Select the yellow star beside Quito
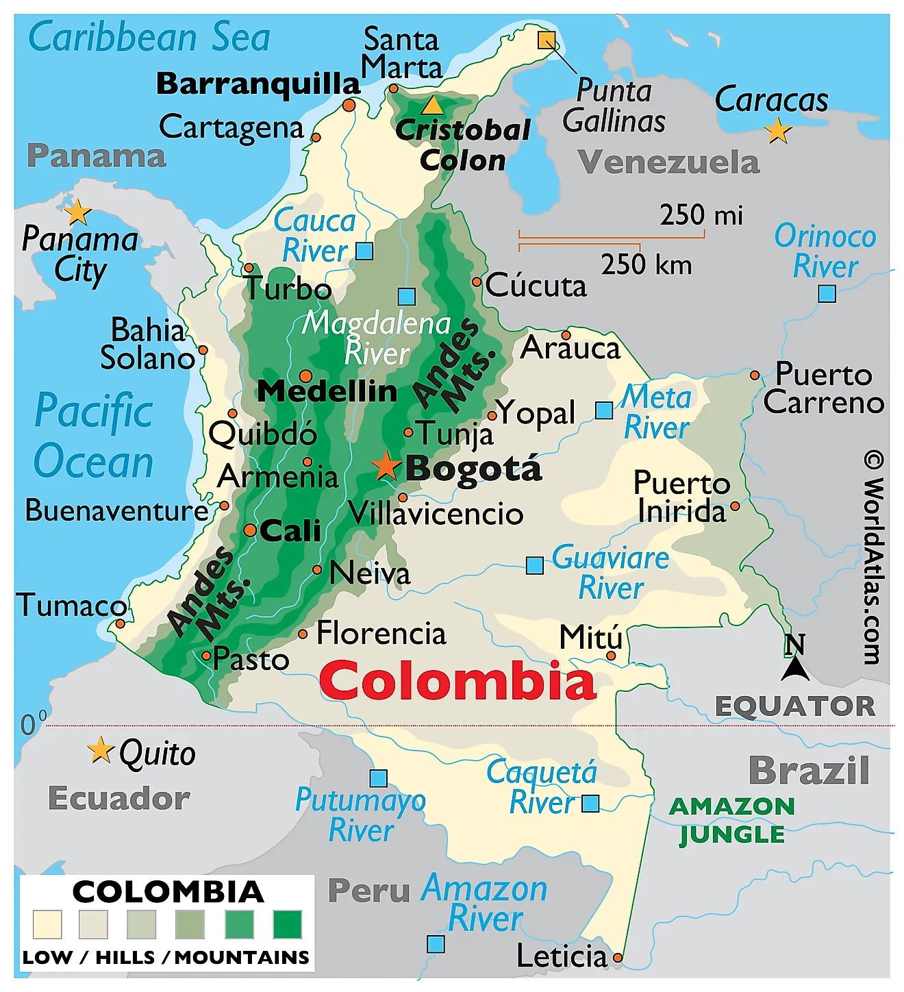pyautogui.click(x=101, y=750)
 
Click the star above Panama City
pyautogui.click(x=78, y=212)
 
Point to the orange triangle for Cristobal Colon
pyautogui.click(x=432, y=106)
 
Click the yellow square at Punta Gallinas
pyautogui.click(x=546, y=40)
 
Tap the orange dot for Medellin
pyautogui.click(x=305, y=376)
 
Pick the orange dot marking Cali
pyautogui.click(x=250, y=530)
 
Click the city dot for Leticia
pyautogui.click(x=618, y=957)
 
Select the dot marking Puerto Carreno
pyautogui.click(x=755, y=375)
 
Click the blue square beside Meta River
pyautogui.click(x=604, y=410)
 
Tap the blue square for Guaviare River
pyautogui.click(x=534, y=565)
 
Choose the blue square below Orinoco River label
pyautogui.click(x=827, y=294)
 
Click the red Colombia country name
pyautogui.click(x=457, y=681)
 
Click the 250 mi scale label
pyautogui.click(x=701, y=215)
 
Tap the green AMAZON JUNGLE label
pyautogui.click(x=731, y=820)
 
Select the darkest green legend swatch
pyautogui.click(x=287, y=924)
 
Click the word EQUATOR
pyautogui.click(x=794, y=706)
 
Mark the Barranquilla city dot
pyautogui.click(x=349, y=106)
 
